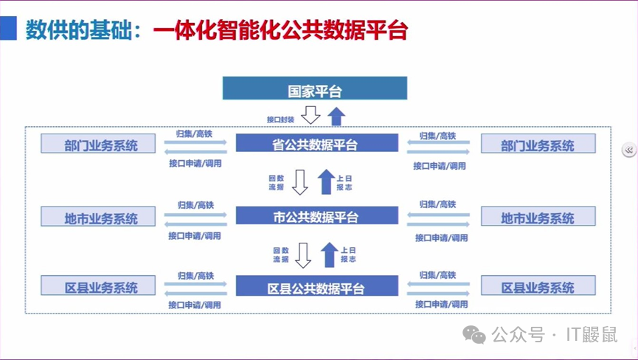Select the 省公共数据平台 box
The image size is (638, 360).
(316, 144)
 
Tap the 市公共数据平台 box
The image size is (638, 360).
(316, 216)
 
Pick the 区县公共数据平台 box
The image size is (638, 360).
(316, 286)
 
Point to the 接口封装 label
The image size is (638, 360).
(280, 119)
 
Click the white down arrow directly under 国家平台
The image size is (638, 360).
(311, 115)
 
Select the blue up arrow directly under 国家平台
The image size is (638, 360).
(336, 115)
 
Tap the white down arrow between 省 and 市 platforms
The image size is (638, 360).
(300, 181)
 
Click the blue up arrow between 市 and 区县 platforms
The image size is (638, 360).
(330, 254)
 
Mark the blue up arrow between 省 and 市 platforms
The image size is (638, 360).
(326, 181)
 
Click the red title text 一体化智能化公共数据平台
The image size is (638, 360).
(280, 30)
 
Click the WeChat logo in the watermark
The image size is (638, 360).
(474, 335)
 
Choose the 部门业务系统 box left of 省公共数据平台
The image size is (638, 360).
(100, 144)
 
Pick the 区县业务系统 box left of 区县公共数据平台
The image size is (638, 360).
(100, 286)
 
